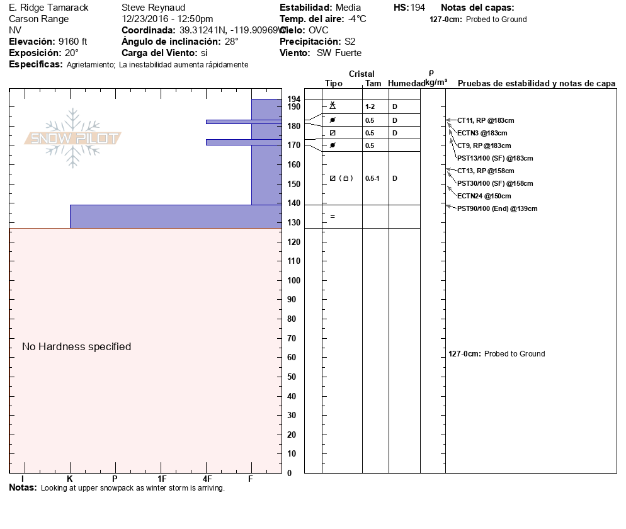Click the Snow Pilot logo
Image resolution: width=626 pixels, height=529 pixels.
click(x=73, y=139)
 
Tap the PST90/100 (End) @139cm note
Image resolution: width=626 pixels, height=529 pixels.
click(x=497, y=208)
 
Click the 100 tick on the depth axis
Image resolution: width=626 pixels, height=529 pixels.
click(x=293, y=280)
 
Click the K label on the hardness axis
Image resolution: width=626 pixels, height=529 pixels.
click(x=70, y=479)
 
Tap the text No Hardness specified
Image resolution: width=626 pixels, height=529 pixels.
click(x=76, y=346)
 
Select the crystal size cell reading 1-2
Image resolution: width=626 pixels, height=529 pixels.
click(x=370, y=107)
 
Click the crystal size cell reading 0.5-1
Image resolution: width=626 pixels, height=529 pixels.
click(x=372, y=178)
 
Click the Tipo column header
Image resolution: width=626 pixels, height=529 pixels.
click(x=334, y=83)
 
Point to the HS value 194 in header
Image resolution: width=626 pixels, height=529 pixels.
click(x=418, y=8)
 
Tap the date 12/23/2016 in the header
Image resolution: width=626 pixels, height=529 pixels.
click(x=146, y=19)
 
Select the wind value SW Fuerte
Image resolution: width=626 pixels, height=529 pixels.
click(x=339, y=53)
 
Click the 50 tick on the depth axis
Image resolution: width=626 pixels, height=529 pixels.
click(x=293, y=377)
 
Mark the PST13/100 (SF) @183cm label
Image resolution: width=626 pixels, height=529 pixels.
click(x=495, y=158)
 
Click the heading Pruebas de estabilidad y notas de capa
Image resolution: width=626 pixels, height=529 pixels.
click(x=536, y=83)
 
